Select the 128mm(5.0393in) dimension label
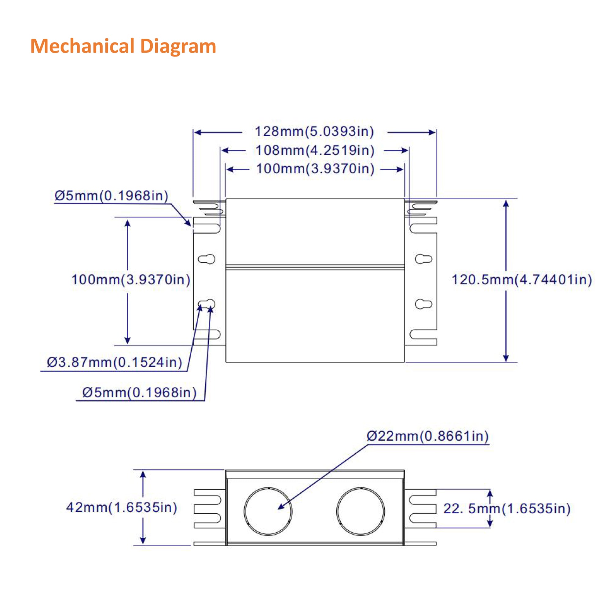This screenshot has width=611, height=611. click(314, 131)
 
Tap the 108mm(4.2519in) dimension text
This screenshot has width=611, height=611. click(315, 150)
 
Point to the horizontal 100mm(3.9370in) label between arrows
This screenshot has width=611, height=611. click(315, 169)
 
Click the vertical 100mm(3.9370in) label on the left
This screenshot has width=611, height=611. click(131, 280)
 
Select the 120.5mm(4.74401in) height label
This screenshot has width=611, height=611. click(521, 280)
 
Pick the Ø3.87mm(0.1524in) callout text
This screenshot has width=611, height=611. click(115, 362)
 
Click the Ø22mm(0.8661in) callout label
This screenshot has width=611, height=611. click(428, 436)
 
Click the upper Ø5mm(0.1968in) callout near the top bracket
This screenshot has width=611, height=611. click(111, 196)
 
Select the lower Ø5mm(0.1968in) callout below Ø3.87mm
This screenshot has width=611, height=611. click(139, 393)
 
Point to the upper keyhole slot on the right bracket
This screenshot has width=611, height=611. click(423, 259)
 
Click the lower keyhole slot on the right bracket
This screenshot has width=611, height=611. click(423, 304)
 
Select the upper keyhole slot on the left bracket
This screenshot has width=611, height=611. click(207, 259)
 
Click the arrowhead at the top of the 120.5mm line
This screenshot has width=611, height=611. click(506, 203)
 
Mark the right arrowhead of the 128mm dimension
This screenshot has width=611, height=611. click(432, 133)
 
